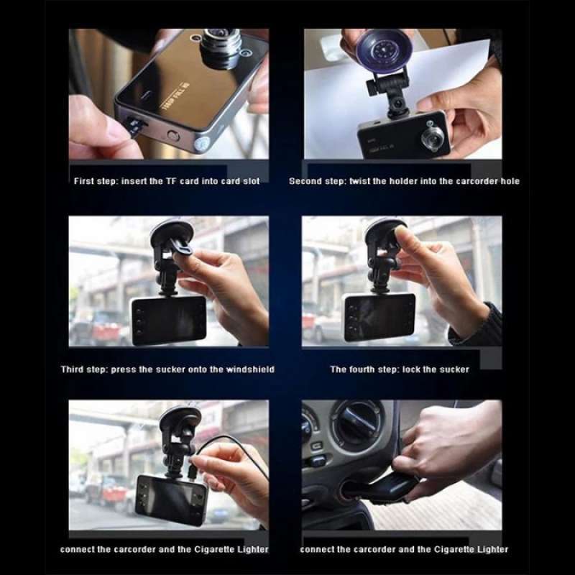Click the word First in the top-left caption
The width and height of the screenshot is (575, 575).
[84, 181]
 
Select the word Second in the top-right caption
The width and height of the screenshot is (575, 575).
[306, 181]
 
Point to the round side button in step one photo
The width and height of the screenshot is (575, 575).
[173, 134]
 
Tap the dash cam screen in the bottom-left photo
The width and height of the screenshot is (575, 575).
[173, 499]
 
